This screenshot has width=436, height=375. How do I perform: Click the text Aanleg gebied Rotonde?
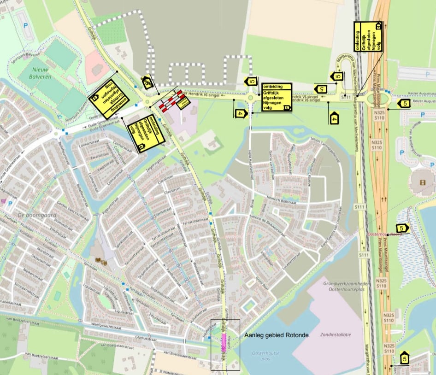tap(276, 335)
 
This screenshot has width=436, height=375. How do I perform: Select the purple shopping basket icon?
tap(4, 201)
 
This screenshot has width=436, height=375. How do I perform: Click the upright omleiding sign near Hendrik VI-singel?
tap(276, 97)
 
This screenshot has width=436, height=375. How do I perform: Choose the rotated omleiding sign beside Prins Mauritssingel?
tap(368, 36)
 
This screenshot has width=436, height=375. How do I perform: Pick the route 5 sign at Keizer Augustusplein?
tap(404, 104)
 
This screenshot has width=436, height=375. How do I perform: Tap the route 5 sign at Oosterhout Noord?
tap(402, 228)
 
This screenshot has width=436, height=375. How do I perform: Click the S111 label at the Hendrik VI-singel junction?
tap(347, 97)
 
